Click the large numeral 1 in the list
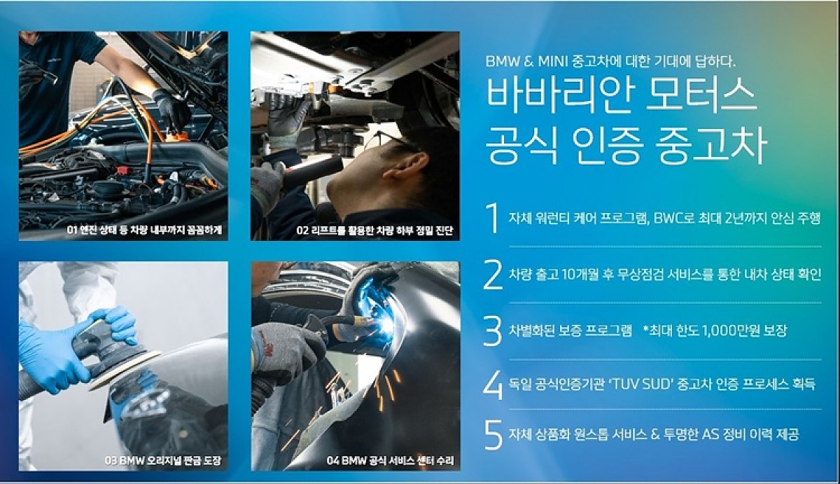tap(493, 218)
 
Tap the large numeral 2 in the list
tap(493, 275)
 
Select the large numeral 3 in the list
tap(493, 331)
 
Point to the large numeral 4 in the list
tap(493, 385)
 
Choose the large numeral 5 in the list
tap(493, 435)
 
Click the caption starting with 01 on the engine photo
tap(144, 230)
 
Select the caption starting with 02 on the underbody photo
tap(374, 230)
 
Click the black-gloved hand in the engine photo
tap(171, 109)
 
